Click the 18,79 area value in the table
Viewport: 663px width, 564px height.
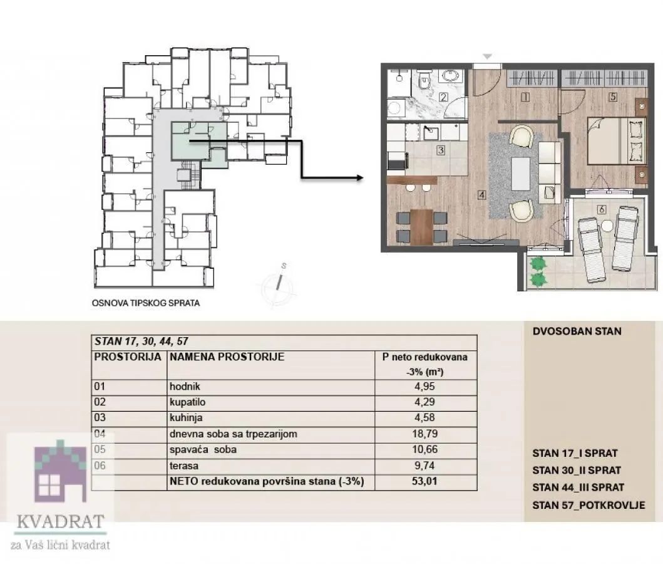tap(425, 434)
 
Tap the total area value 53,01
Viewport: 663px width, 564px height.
tap(425, 482)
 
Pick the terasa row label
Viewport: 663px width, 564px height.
tap(183, 466)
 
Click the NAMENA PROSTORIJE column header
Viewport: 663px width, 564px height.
tap(227, 357)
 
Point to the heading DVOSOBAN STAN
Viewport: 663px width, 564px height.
tap(577, 331)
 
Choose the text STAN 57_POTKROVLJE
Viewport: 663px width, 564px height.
tap(588, 505)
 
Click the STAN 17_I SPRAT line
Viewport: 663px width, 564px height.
tap(575, 453)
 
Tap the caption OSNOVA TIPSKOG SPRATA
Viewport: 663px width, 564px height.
tap(146, 303)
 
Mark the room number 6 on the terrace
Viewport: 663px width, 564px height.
tap(602, 209)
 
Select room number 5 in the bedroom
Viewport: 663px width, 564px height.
tap(613, 97)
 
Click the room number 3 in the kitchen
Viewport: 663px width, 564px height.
tap(441, 150)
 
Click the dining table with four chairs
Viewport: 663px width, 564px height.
tap(422, 225)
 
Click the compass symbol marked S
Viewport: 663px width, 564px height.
tap(280, 284)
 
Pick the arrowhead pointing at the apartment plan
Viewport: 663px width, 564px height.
tap(359, 177)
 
